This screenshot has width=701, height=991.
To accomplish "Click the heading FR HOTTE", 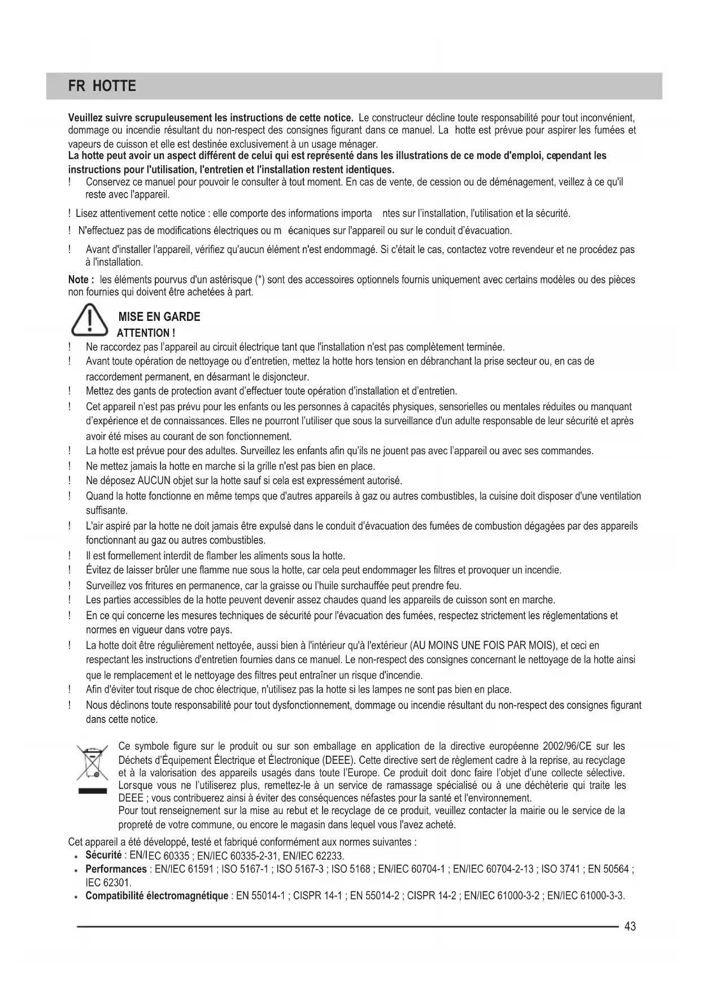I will click(x=102, y=86).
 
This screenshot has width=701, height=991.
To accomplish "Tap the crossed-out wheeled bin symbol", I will click(x=92, y=763).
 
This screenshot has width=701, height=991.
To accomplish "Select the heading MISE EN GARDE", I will click(x=159, y=317).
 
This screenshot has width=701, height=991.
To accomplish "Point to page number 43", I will click(x=630, y=926).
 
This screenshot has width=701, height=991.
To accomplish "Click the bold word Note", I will click(x=79, y=280).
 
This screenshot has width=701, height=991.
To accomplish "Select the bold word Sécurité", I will click(x=103, y=854).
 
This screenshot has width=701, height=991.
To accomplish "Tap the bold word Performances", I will click(x=116, y=869).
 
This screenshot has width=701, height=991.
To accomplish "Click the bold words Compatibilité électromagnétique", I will click(x=157, y=896).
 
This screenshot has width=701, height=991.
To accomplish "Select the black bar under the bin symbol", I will click(x=92, y=791).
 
